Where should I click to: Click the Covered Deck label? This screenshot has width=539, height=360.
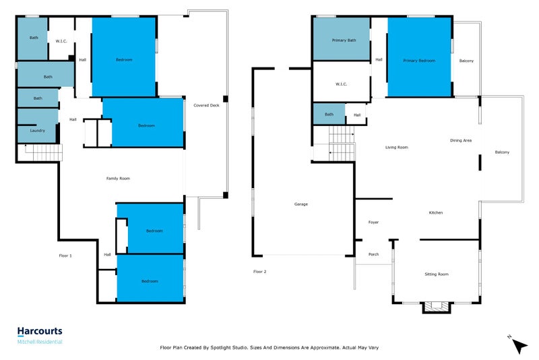coord(206,105)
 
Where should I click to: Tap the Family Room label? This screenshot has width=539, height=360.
coord(118,179)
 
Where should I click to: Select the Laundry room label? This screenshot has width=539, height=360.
coord(38,131)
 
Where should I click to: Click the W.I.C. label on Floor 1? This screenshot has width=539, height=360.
coord(61,41)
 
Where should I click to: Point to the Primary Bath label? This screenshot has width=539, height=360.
coord(344,40)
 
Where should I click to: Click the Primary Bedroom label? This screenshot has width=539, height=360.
coord(419,61)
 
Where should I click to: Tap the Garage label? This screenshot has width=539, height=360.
coord(300,204)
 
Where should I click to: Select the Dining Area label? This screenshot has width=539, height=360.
coord(461,140)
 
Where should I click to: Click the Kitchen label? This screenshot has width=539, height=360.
coord(435,213)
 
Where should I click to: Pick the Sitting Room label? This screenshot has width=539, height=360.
coord(436,274)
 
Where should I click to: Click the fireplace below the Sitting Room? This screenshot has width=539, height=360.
coord(436,307)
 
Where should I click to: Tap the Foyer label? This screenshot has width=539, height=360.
coord(373,222)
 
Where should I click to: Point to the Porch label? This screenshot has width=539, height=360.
coord(373,254)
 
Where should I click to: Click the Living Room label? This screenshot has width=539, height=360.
coord(396,147)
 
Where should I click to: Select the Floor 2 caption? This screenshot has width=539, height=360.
coord(259,272)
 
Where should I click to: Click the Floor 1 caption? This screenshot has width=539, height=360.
coord(65,256)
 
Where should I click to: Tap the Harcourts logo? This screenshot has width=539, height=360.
coord(40,332)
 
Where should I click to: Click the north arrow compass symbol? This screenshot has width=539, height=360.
coord(518,344)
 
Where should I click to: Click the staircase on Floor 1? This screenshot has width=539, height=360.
coord(44,152)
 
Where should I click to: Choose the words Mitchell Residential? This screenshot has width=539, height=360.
coord(40,342)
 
